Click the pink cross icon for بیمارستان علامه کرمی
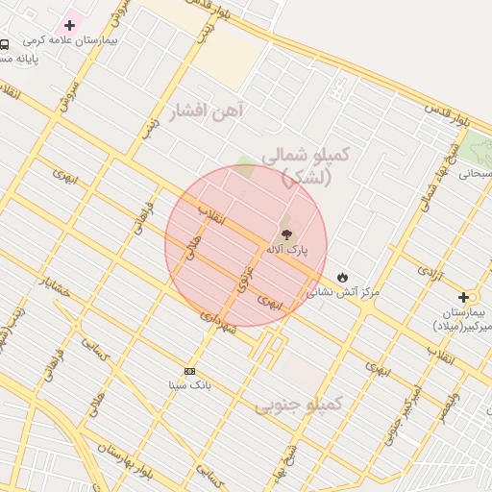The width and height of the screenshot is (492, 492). point(69,25)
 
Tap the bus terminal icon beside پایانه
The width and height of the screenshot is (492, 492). point(5,44)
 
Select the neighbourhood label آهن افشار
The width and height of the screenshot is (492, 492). point(207,111)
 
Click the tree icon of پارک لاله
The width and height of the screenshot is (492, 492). point(286,234)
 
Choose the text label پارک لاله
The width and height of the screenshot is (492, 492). point(287,250)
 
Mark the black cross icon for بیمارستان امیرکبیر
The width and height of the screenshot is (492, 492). point(464,298)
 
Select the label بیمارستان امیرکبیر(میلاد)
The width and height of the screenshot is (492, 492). point(461,321)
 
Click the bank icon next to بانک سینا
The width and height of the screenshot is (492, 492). point(189,371)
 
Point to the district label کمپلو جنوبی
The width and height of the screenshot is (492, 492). point(298,405)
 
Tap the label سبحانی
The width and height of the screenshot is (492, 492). point(475,174)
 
